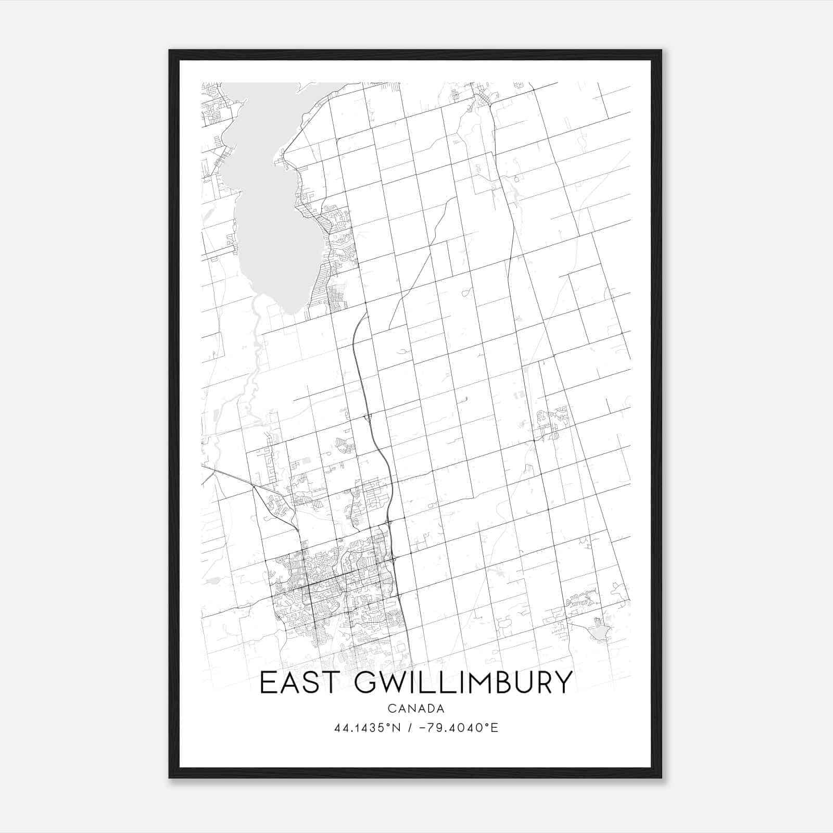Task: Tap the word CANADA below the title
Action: pos(415,709)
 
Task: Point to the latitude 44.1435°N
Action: pos(368,728)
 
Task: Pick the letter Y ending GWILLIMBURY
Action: pos(563,683)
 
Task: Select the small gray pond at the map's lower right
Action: pos(599,633)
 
